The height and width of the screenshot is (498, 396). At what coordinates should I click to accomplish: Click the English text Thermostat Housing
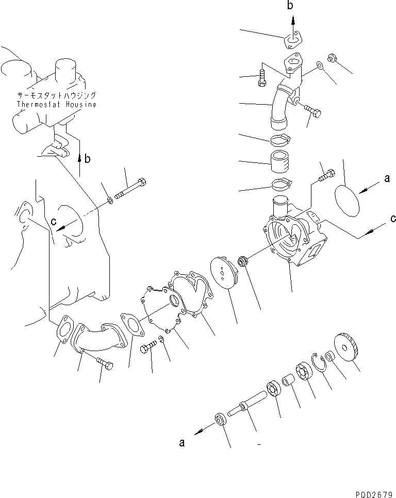pos(56,104)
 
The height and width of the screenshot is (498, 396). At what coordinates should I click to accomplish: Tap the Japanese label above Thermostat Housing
pos(56,95)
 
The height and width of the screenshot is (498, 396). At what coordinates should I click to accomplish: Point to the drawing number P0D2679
pos(374,494)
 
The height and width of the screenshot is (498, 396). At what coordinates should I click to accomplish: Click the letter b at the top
pos(290,5)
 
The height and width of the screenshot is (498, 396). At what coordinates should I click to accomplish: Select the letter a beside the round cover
pos(387,178)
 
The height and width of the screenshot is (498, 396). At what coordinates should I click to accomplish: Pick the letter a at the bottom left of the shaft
pos(181,442)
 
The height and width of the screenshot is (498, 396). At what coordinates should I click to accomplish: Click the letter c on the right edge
pos(393,219)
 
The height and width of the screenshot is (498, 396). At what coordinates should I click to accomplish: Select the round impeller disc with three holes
pos(224,273)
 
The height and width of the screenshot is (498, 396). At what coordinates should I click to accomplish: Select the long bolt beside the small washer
pos(130,189)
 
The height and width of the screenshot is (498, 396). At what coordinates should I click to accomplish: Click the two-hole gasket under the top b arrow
pos(293,40)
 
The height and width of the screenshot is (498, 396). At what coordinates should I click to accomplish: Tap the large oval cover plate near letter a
pos(347,201)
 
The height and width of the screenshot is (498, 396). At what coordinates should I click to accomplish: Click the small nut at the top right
pos(332,58)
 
